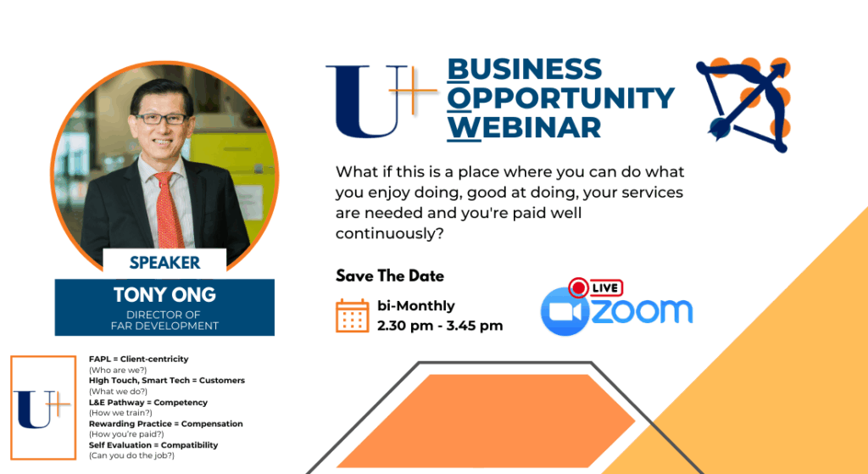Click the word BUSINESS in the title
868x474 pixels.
coord(524,70)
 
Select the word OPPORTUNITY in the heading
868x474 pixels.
coord(561,98)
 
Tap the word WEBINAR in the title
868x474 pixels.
coord(524,127)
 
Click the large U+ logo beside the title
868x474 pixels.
coord(381,102)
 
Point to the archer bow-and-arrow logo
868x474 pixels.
coord(743,104)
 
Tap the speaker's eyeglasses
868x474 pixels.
coord(160,119)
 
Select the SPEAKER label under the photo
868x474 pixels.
coord(164,263)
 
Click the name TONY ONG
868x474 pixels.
coord(164,294)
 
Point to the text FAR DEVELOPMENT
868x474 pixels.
coord(164,326)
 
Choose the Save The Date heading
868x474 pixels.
coord(390,276)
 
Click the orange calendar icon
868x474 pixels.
coord(352,315)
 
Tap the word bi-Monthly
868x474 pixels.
coord(415,305)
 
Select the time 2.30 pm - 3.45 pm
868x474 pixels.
coord(440,326)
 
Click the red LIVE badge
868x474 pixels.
coord(596,287)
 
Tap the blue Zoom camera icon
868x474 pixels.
coord(565,311)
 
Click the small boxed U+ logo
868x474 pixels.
coord(43,408)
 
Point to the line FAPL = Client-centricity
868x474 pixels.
coord(138,359)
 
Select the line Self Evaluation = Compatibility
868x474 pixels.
coord(153,445)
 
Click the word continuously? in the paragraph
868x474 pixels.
coord(390,234)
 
